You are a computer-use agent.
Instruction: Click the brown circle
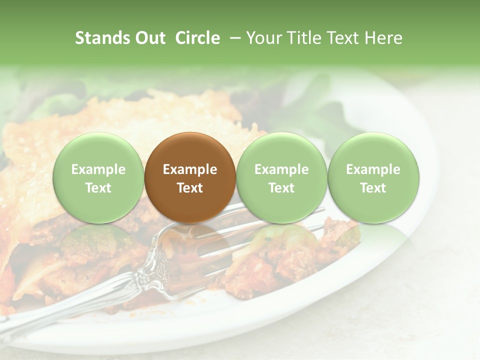pyautogui.click(x=190, y=177)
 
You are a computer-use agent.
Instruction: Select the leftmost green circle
pyautogui.click(x=98, y=177)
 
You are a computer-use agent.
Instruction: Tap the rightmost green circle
pyautogui.click(x=373, y=177)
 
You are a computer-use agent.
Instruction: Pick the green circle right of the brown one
pyautogui.click(x=281, y=177)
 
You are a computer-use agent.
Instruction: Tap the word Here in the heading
pyautogui.click(x=384, y=38)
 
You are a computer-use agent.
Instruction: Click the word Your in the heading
pyautogui.click(x=263, y=38)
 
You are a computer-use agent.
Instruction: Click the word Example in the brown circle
pyautogui.click(x=190, y=169)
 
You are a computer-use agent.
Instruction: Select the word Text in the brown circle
pyautogui.click(x=190, y=188)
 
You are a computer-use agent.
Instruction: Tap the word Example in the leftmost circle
pyautogui.click(x=98, y=169)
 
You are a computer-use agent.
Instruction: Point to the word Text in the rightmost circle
pyautogui.click(x=373, y=188)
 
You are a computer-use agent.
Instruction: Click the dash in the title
pyautogui.click(x=233, y=38)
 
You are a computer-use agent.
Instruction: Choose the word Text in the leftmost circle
pyautogui.click(x=98, y=188)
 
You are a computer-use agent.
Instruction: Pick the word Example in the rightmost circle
pyautogui.click(x=373, y=169)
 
